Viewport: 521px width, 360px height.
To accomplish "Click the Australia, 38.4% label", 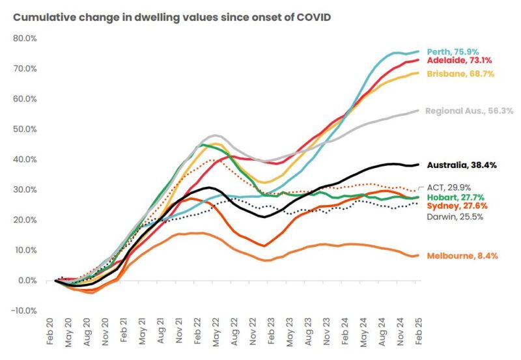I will [461, 165].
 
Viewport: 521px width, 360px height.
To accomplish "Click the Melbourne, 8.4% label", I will [462, 256].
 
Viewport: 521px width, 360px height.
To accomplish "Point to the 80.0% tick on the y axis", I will [25, 38].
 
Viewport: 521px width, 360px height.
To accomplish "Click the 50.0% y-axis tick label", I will [25, 129].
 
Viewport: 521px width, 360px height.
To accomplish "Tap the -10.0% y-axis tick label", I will [24, 311].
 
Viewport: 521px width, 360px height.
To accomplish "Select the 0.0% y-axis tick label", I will [27, 281].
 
